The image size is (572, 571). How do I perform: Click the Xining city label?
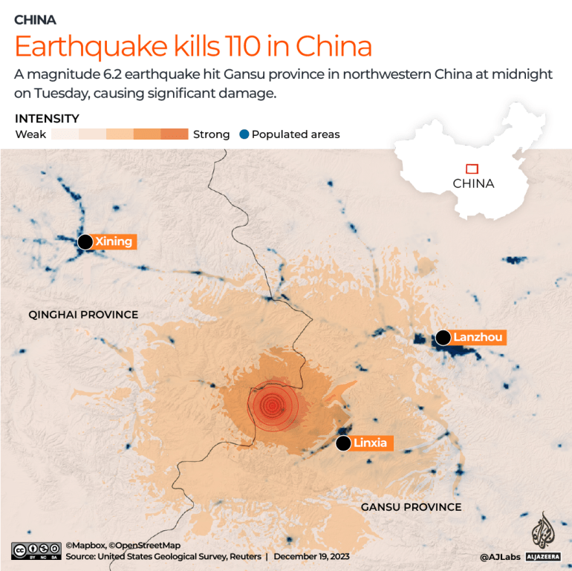(114, 241)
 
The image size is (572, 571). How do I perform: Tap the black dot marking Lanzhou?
(443, 338)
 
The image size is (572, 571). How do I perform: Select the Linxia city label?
(370, 443)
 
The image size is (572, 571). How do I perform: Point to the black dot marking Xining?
(85, 241)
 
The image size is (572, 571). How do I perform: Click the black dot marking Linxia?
(342, 443)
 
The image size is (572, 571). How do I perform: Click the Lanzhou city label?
(478, 337)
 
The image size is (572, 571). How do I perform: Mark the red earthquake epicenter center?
(272, 405)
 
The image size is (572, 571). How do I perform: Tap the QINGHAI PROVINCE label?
(83, 314)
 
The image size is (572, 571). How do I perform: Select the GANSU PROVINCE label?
(411, 507)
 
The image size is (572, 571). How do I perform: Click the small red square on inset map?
(471, 169)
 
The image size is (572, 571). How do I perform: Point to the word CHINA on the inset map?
(473, 183)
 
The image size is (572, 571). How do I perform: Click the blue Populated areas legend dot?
(243, 134)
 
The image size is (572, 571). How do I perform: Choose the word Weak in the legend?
(30, 134)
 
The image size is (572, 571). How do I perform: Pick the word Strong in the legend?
(211, 134)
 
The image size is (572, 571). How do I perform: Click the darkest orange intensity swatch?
(175, 134)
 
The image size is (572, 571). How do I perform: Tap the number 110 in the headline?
(242, 47)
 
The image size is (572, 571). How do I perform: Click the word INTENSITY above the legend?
(47, 119)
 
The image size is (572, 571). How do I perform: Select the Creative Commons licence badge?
(36, 550)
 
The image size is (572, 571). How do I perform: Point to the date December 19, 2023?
(311, 556)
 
